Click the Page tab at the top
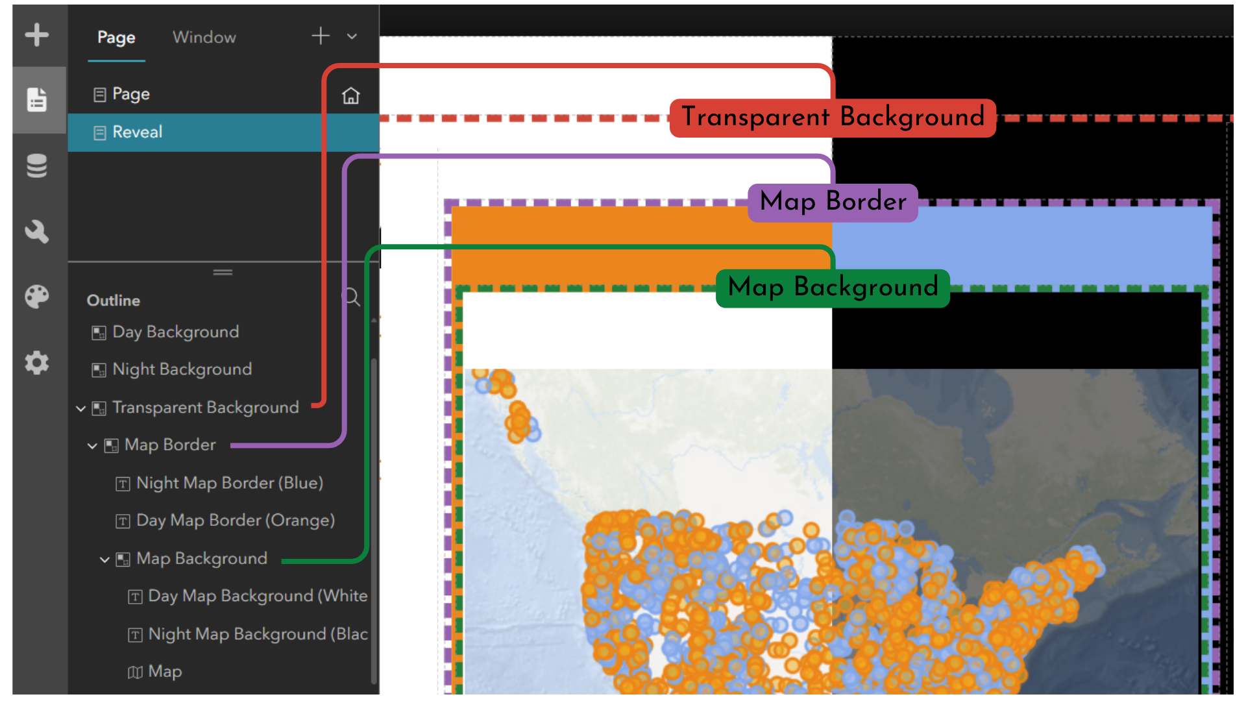[116, 38]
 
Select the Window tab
[204, 37]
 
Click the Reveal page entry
[137, 132]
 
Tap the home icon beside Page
[351, 95]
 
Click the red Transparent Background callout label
[833, 117]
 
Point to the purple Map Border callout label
[833, 202]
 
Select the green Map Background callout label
[833, 288]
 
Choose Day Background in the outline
[175, 332]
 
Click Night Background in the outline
[182, 369]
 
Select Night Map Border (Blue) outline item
[230, 484]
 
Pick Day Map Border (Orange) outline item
[236, 521]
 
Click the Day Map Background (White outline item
[258, 596]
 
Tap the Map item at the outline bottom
[165, 672]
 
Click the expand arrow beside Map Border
[92, 446]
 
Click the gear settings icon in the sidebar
[37, 362]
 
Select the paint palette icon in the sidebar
[37, 297]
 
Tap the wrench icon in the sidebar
[37, 231]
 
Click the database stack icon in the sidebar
[37, 166]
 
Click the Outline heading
[114, 301]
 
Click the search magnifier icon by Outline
[351, 297]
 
